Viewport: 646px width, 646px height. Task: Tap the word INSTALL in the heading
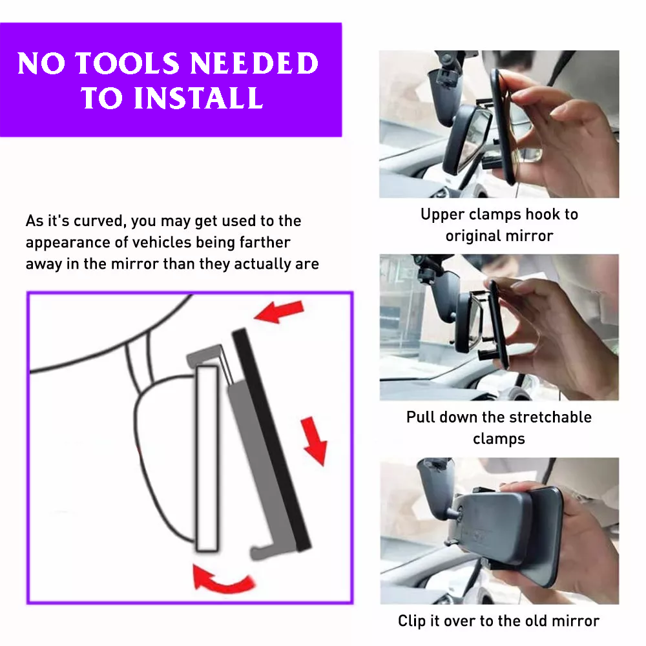198,98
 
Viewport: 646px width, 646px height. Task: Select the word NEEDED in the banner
254,63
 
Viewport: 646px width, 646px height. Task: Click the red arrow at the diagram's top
279,311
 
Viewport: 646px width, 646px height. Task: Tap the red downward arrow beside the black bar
315,441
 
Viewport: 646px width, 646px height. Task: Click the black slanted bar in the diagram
271,439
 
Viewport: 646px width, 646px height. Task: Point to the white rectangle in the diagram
207,458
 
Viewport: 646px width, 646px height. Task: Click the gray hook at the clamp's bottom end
268,549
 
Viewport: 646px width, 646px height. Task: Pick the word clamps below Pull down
499,439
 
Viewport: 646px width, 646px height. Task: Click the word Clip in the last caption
412,621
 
